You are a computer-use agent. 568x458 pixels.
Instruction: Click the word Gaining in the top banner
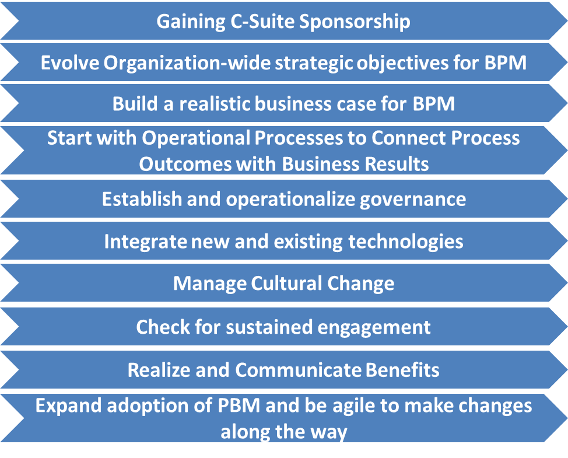click(x=191, y=22)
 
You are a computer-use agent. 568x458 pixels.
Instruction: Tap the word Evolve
click(x=69, y=62)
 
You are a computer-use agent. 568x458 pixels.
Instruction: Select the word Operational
click(x=196, y=138)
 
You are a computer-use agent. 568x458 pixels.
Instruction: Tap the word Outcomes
click(x=185, y=164)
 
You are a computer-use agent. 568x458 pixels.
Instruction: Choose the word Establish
click(x=142, y=199)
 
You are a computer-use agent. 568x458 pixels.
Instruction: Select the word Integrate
click(x=146, y=242)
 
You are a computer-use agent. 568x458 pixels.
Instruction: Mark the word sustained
click(x=269, y=327)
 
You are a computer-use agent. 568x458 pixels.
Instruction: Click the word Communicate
click(x=298, y=370)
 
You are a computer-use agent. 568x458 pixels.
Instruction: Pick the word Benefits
click(x=402, y=370)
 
